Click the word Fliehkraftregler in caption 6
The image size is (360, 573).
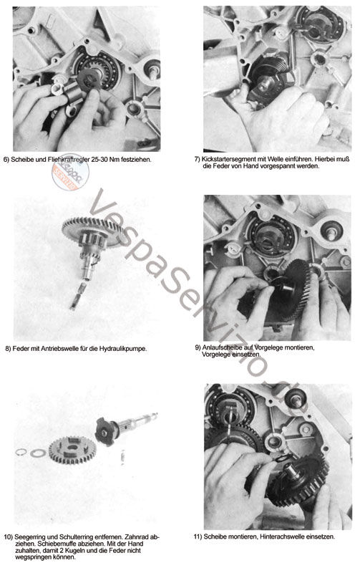click(68, 159)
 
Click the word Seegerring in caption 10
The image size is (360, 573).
click(30, 537)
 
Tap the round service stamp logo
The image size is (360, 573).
click(71, 172)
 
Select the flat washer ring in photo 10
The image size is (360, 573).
click(38, 453)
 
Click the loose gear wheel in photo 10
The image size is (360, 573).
click(72, 450)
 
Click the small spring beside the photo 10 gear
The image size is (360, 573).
click(123, 457)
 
